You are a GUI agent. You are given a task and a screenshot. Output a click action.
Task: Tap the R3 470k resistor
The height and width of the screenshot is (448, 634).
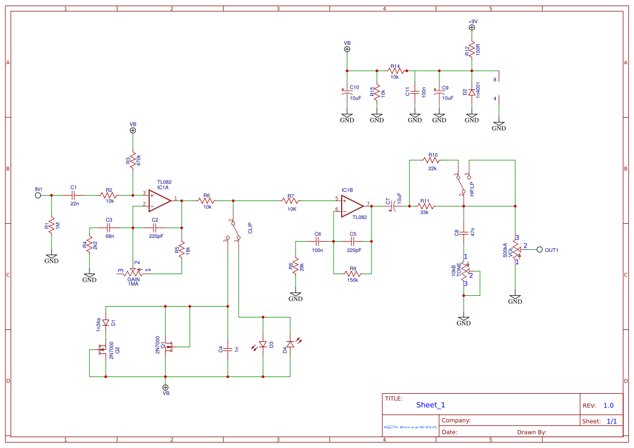click(x=132, y=160)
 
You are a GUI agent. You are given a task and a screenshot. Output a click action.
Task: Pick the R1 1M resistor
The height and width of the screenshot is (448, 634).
click(x=52, y=224)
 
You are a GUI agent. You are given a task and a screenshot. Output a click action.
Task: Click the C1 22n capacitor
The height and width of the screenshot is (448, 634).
click(x=74, y=195)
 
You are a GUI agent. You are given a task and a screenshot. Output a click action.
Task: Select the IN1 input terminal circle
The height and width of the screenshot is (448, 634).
click(x=38, y=195)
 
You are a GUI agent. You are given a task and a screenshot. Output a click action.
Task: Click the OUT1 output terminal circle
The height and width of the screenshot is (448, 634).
click(x=540, y=250)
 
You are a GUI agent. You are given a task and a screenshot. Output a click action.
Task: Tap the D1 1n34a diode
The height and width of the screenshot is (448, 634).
click(x=106, y=323)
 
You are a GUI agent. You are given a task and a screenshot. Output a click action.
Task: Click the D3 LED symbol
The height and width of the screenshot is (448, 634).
click(x=263, y=344)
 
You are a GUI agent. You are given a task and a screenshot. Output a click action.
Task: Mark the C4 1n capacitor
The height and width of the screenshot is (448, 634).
click(x=228, y=349)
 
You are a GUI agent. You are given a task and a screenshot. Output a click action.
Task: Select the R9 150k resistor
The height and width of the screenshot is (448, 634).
click(x=353, y=274)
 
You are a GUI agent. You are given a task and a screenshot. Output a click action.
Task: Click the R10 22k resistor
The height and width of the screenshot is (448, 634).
click(x=432, y=160)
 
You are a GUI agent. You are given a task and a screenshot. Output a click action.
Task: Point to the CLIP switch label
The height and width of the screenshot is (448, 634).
click(x=250, y=228)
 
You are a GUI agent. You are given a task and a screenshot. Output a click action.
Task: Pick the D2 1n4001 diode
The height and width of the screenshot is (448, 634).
click(x=472, y=93)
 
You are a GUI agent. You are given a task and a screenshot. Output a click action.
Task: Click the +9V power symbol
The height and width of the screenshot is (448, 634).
click(x=472, y=27)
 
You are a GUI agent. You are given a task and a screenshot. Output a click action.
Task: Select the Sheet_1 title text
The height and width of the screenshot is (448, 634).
click(x=431, y=405)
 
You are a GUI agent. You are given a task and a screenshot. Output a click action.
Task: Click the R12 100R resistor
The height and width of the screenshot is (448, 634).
click(x=472, y=49)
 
